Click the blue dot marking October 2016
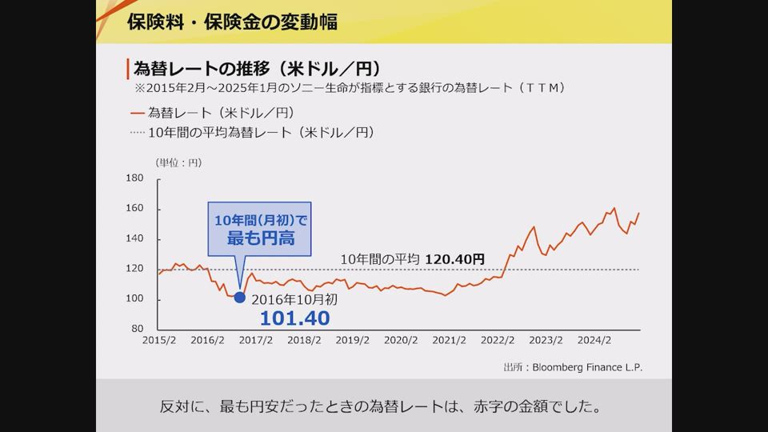click(x=239, y=298)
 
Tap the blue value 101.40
click(x=294, y=318)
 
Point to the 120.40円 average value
click(x=454, y=259)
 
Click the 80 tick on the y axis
click(x=137, y=329)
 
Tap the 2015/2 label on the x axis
click(x=159, y=340)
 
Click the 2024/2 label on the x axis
click(x=594, y=340)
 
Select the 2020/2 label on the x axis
click(x=401, y=340)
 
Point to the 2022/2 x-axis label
click(x=498, y=340)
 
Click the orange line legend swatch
click(x=136, y=113)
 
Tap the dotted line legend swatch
click(x=136, y=132)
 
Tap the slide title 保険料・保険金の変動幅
click(x=232, y=22)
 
